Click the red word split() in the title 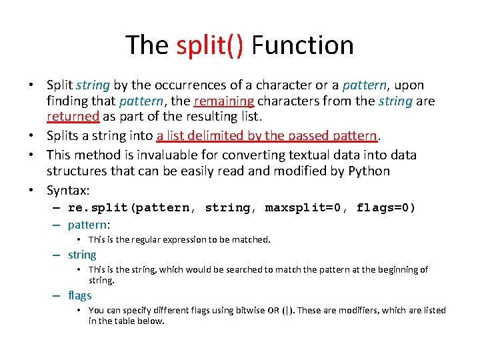tap(209, 45)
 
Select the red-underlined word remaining tap(223, 101)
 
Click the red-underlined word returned tap(73, 117)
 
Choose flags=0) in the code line tap(385, 208)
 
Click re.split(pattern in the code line tap(129, 208)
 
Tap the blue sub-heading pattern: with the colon tap(89, 225)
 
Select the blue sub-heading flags tap(80, 295)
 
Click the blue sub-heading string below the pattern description tap(82, 255)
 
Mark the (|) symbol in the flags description tap(286, 311)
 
